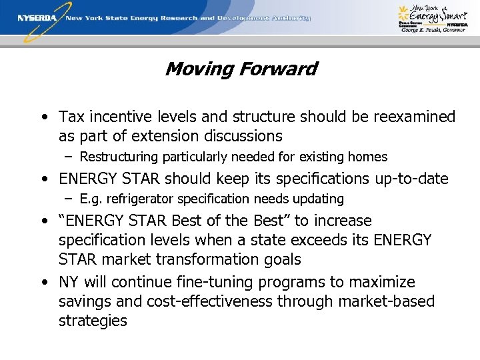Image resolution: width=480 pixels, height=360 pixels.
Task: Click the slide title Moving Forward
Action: tap(241, 69)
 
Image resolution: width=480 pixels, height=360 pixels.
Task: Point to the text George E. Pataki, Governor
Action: tap(433, 31)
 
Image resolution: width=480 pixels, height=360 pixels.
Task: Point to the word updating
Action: tap(322, 199)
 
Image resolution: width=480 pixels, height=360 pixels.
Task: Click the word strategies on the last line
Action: tap(93, 321)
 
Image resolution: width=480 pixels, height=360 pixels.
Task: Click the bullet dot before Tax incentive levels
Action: tap(43, 118)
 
